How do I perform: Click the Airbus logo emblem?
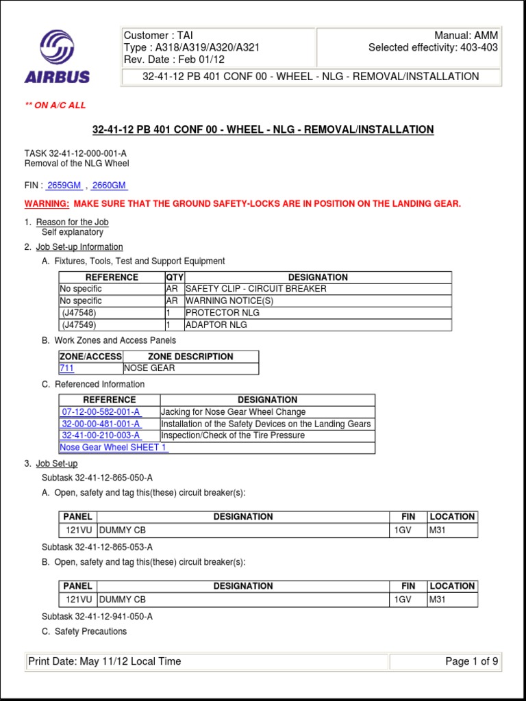click(x=57, y=47)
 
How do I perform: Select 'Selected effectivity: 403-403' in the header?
click(x=433, y=47)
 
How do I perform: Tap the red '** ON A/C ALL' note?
click(x=55, y=105)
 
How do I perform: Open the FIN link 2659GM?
click(x=64, y=186)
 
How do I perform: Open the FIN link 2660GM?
click(x=109, y=186)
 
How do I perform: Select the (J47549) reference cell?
click(x=79, y=324)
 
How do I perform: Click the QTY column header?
click(x=175, y=277)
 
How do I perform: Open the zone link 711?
click(x=67, y=368)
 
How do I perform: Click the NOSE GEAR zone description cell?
click(x=149, y=368)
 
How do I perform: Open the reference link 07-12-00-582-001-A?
click(x=101, y=412)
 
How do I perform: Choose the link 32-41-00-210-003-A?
click(x=101, y=435)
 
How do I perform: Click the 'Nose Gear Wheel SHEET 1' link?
click(x=113, y=448)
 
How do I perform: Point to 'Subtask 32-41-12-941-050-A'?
click(x=97, y=616)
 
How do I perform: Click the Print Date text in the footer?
click(x=105, y=661)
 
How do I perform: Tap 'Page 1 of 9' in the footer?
click(x=471, y=661)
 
